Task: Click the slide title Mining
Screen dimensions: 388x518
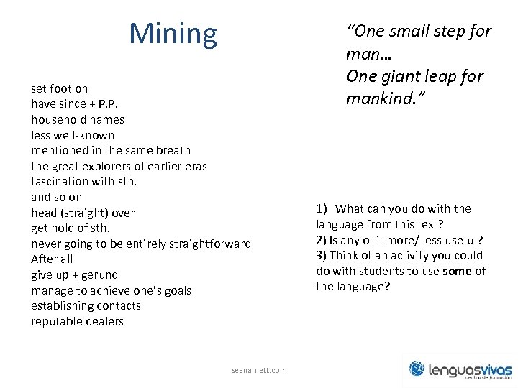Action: [173, 34]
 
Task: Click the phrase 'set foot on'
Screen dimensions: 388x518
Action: [60, 88]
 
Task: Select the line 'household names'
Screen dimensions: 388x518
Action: [78, 119]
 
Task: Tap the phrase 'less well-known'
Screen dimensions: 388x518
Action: [73, 135]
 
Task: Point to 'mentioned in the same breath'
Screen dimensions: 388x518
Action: [111, 150]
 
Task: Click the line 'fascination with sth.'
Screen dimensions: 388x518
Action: [83, 181]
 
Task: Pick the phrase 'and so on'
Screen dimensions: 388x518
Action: [57, 197]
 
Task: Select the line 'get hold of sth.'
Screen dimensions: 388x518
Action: [71, 228]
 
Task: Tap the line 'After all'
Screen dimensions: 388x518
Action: [52, 259]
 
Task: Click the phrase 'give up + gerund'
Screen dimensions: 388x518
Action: [75, 275]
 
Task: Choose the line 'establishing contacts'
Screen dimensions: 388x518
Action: [86, 305]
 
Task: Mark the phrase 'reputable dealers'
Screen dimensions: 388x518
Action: [77, 321]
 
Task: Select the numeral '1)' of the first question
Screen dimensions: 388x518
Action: [322, 208]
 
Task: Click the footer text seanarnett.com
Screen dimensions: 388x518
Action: [259, 370]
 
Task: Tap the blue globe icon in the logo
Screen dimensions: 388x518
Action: [418, 369]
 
